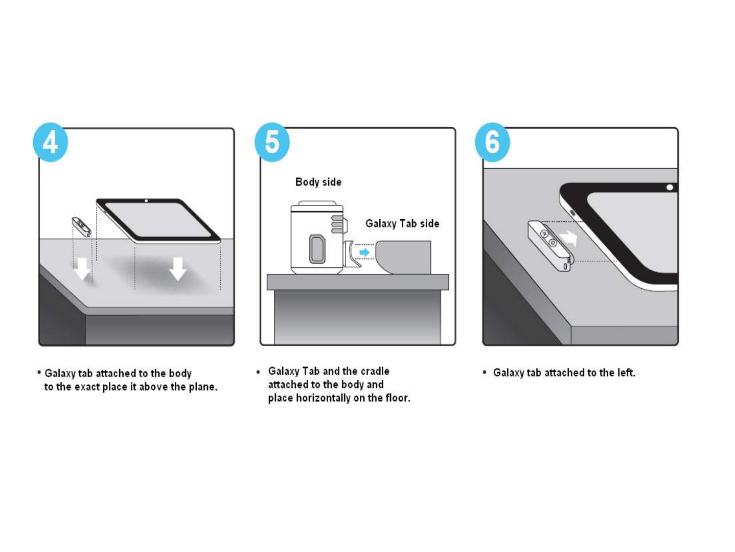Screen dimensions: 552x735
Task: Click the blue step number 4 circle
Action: click(50, 142)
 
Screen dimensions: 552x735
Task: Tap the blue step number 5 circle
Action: click(272, 142)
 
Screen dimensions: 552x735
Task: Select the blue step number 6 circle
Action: click(492, 142)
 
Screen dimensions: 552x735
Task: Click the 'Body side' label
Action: click(318, 182)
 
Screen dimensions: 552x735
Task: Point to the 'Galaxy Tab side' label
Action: click(402, 223)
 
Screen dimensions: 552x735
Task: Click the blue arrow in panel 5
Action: click(364, 252)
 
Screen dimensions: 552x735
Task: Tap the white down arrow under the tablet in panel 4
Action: click(177, 268)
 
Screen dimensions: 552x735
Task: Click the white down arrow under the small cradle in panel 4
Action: click(82, 268)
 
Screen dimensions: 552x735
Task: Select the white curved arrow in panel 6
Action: click(568, 238)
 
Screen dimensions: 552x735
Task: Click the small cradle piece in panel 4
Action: click(81, 226)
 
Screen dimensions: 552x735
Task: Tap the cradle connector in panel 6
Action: click(549, 245)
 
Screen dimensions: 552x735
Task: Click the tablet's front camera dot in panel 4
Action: click(146, 201)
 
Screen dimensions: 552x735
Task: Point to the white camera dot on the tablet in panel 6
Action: click(670, 188)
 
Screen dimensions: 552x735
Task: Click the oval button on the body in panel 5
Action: click(317, 249)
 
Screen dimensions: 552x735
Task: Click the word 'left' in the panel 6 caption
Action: click(625, 373)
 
